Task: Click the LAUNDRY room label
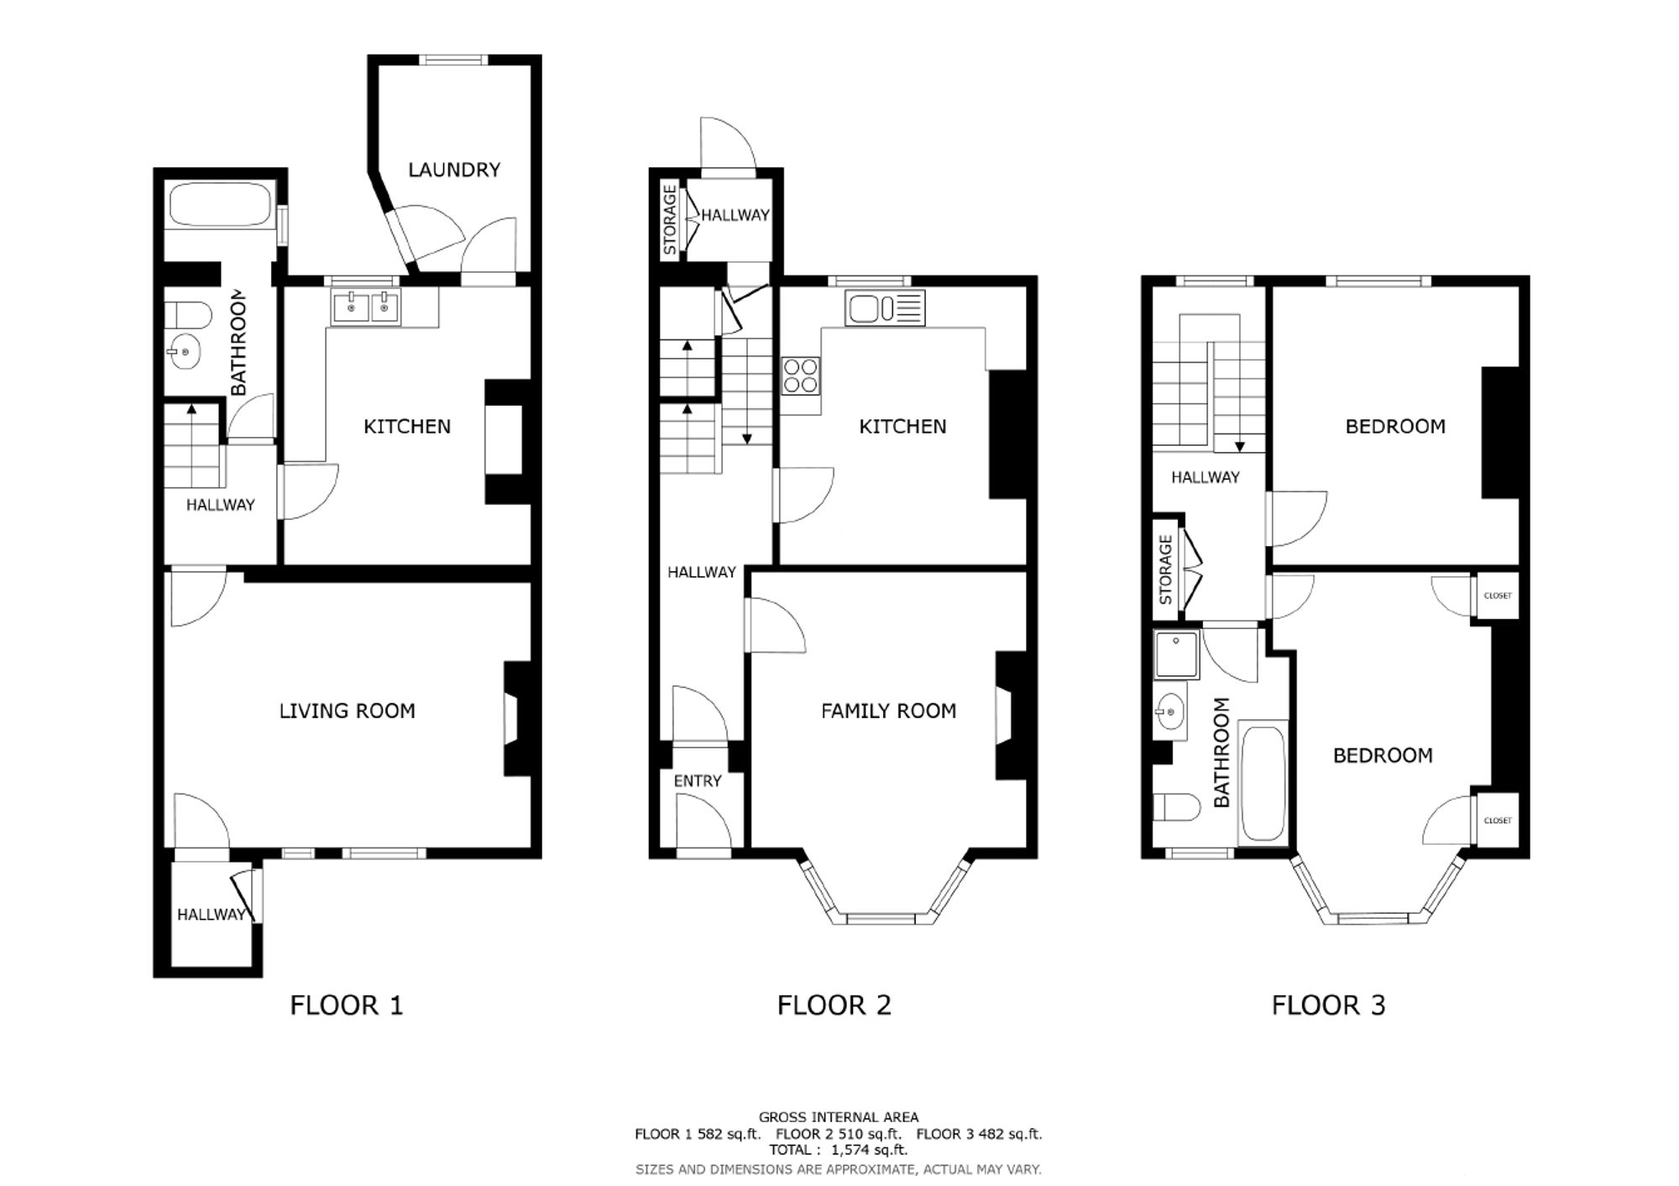[x=454, y=170]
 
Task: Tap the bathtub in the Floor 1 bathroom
[x=220, y=206]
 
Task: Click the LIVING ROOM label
[x=347, y=711]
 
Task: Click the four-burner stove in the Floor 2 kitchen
[x=801, y=375]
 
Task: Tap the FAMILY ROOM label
[x=888, y=711]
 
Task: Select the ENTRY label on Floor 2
[x=698, y=781]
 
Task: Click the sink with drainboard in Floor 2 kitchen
[x=886, y=308]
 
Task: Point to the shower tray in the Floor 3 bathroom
[x=1176, y=654]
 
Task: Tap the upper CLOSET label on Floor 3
[x=1498, y=596]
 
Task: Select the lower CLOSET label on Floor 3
[x=1498, y=821]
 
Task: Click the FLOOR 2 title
[x=834, y=1005]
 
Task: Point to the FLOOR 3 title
[x=1328, y=1005]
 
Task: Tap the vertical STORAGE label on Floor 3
[x=1165, y=570]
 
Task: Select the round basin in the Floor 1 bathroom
[x=184, y=352]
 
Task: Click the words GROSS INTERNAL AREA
[x=839, y=1117]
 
